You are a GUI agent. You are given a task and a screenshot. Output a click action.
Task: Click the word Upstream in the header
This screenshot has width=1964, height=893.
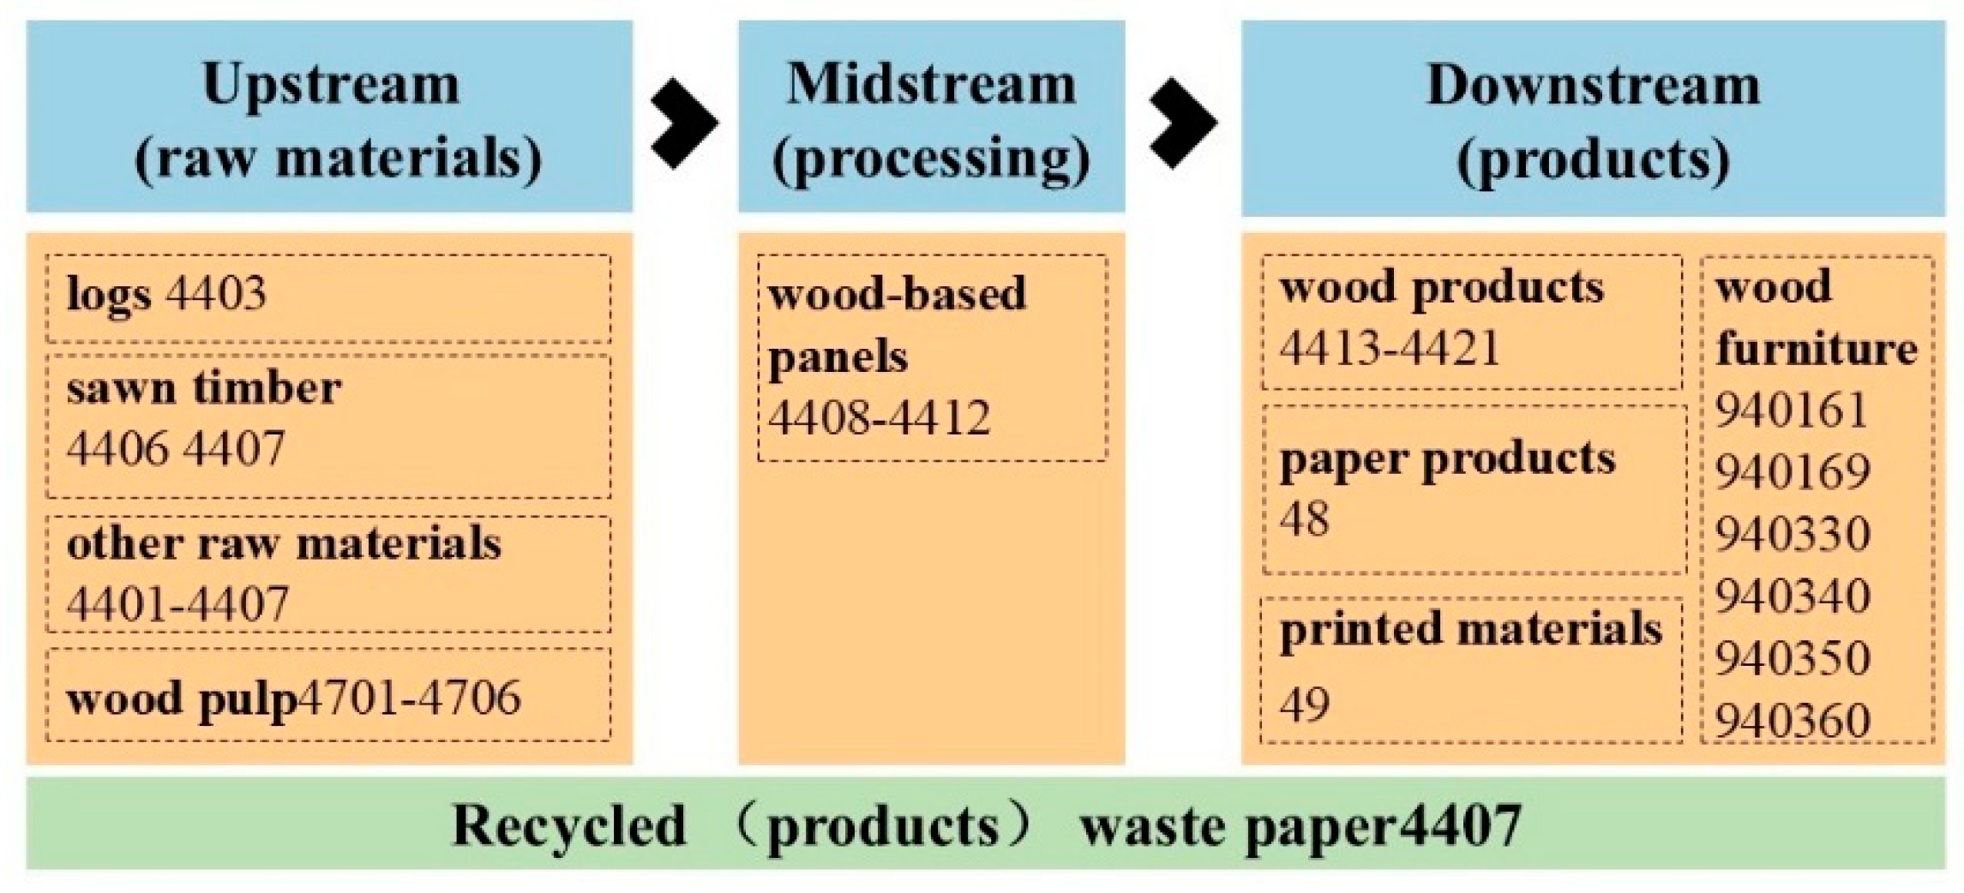331,86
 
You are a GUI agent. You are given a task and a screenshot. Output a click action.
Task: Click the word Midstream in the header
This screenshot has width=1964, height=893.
931,86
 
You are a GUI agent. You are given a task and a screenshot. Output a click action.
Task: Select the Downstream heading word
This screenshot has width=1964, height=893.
1593,86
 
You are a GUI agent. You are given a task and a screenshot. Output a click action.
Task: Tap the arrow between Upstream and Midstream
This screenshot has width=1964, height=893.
683,123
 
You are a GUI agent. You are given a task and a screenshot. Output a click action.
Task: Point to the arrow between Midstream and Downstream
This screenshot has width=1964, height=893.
1182,123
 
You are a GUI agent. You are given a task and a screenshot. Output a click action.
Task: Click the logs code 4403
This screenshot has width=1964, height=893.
216,294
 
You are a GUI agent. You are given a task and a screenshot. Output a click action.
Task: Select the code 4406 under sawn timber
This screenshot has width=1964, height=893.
118,448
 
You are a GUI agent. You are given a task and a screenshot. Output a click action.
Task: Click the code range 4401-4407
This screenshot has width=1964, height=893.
177,604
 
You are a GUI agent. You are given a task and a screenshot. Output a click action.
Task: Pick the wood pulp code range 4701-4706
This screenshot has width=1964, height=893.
410,698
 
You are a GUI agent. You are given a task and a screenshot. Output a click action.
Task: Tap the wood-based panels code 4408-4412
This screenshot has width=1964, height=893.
879,418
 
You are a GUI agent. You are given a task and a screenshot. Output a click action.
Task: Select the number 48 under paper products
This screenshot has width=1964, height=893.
1304,518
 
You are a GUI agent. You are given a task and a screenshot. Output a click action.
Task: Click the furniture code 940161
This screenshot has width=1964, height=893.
1792,411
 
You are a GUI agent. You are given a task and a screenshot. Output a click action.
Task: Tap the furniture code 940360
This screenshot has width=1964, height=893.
1792,721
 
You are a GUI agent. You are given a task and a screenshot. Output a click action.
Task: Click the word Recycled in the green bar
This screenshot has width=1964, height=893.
568,825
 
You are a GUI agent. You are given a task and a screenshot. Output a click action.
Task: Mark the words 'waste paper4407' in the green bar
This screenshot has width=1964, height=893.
1300,825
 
